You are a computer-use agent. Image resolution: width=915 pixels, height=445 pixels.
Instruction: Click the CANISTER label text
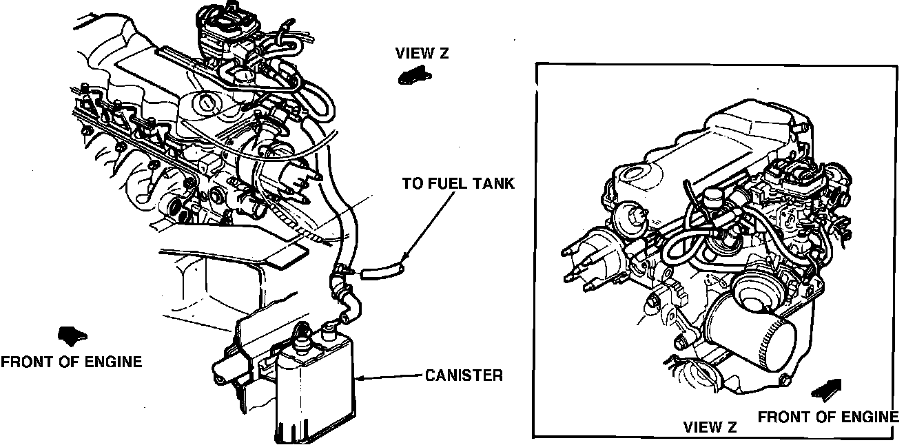(x=464, y=375)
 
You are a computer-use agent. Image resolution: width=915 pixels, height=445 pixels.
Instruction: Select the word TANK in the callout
(x=495, y=183)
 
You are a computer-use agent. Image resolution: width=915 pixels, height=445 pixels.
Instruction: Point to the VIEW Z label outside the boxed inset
(x=422, y=53)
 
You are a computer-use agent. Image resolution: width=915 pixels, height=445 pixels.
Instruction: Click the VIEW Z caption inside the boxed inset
(x=710, y=427)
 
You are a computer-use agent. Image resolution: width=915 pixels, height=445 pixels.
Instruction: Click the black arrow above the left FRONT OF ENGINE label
(x=73, y=336)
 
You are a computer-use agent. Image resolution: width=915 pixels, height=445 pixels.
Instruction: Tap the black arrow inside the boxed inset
(x=826, y=389)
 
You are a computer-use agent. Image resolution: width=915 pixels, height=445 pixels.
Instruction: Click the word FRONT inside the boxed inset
(x=781, y=417)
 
